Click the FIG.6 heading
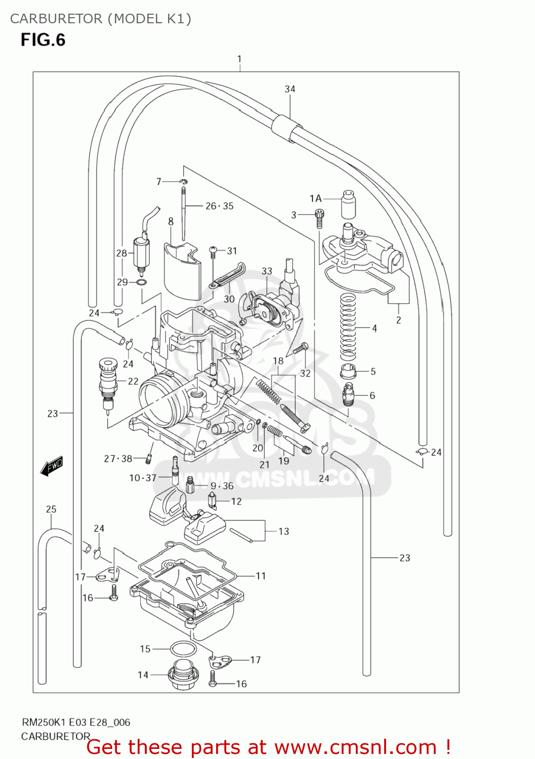[43, 40]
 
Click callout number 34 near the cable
[290, 89]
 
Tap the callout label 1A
[315, 198]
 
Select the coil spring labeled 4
[348, 326]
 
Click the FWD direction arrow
[52, 466]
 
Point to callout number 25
[51, 510]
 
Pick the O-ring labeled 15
[183, 649]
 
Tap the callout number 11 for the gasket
[261, 576]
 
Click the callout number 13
[284, 531]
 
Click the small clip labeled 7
[184, 182]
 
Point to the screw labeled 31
[214, 250]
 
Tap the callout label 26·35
[220, 206]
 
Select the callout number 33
[267, 271]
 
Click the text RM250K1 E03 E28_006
[75, 722]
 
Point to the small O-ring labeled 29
[142, 282]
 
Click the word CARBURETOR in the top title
[56, 19]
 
